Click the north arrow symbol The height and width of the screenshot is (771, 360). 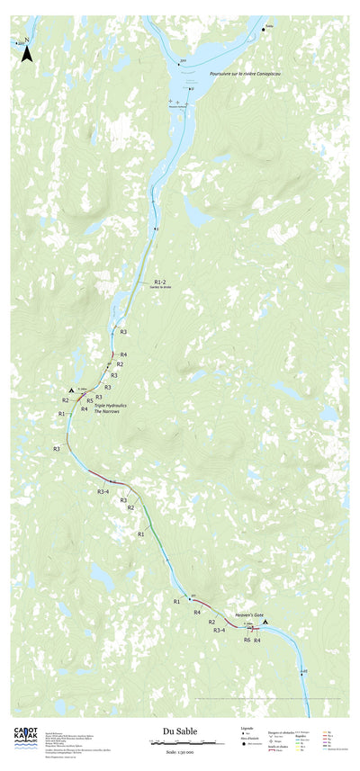(27, 53)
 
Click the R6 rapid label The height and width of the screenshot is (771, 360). (247, 640)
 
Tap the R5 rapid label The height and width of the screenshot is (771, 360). (90, 401)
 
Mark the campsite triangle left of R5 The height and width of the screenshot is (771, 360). (71, 390)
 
